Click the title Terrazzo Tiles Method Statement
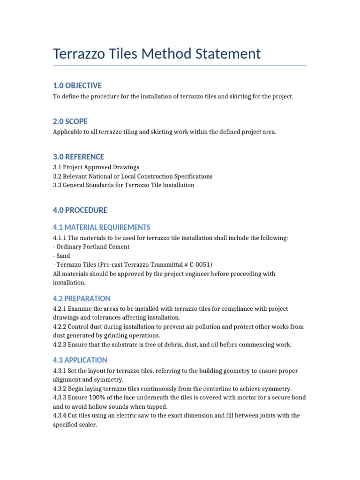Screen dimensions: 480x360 tap(157, 53)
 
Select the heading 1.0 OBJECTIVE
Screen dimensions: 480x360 tap(77, 85)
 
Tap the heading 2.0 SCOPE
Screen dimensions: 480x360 tap(70, 121)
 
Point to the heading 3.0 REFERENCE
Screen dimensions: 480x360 tap(78, 157)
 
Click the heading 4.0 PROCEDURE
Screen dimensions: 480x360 tap(80, 210)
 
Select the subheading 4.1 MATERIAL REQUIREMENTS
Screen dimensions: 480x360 tap(101, 227)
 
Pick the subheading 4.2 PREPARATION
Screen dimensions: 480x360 tap(82, 299)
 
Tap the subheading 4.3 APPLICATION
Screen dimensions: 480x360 tap(80, 360)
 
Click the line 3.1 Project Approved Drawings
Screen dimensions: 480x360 tap(96, 167)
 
